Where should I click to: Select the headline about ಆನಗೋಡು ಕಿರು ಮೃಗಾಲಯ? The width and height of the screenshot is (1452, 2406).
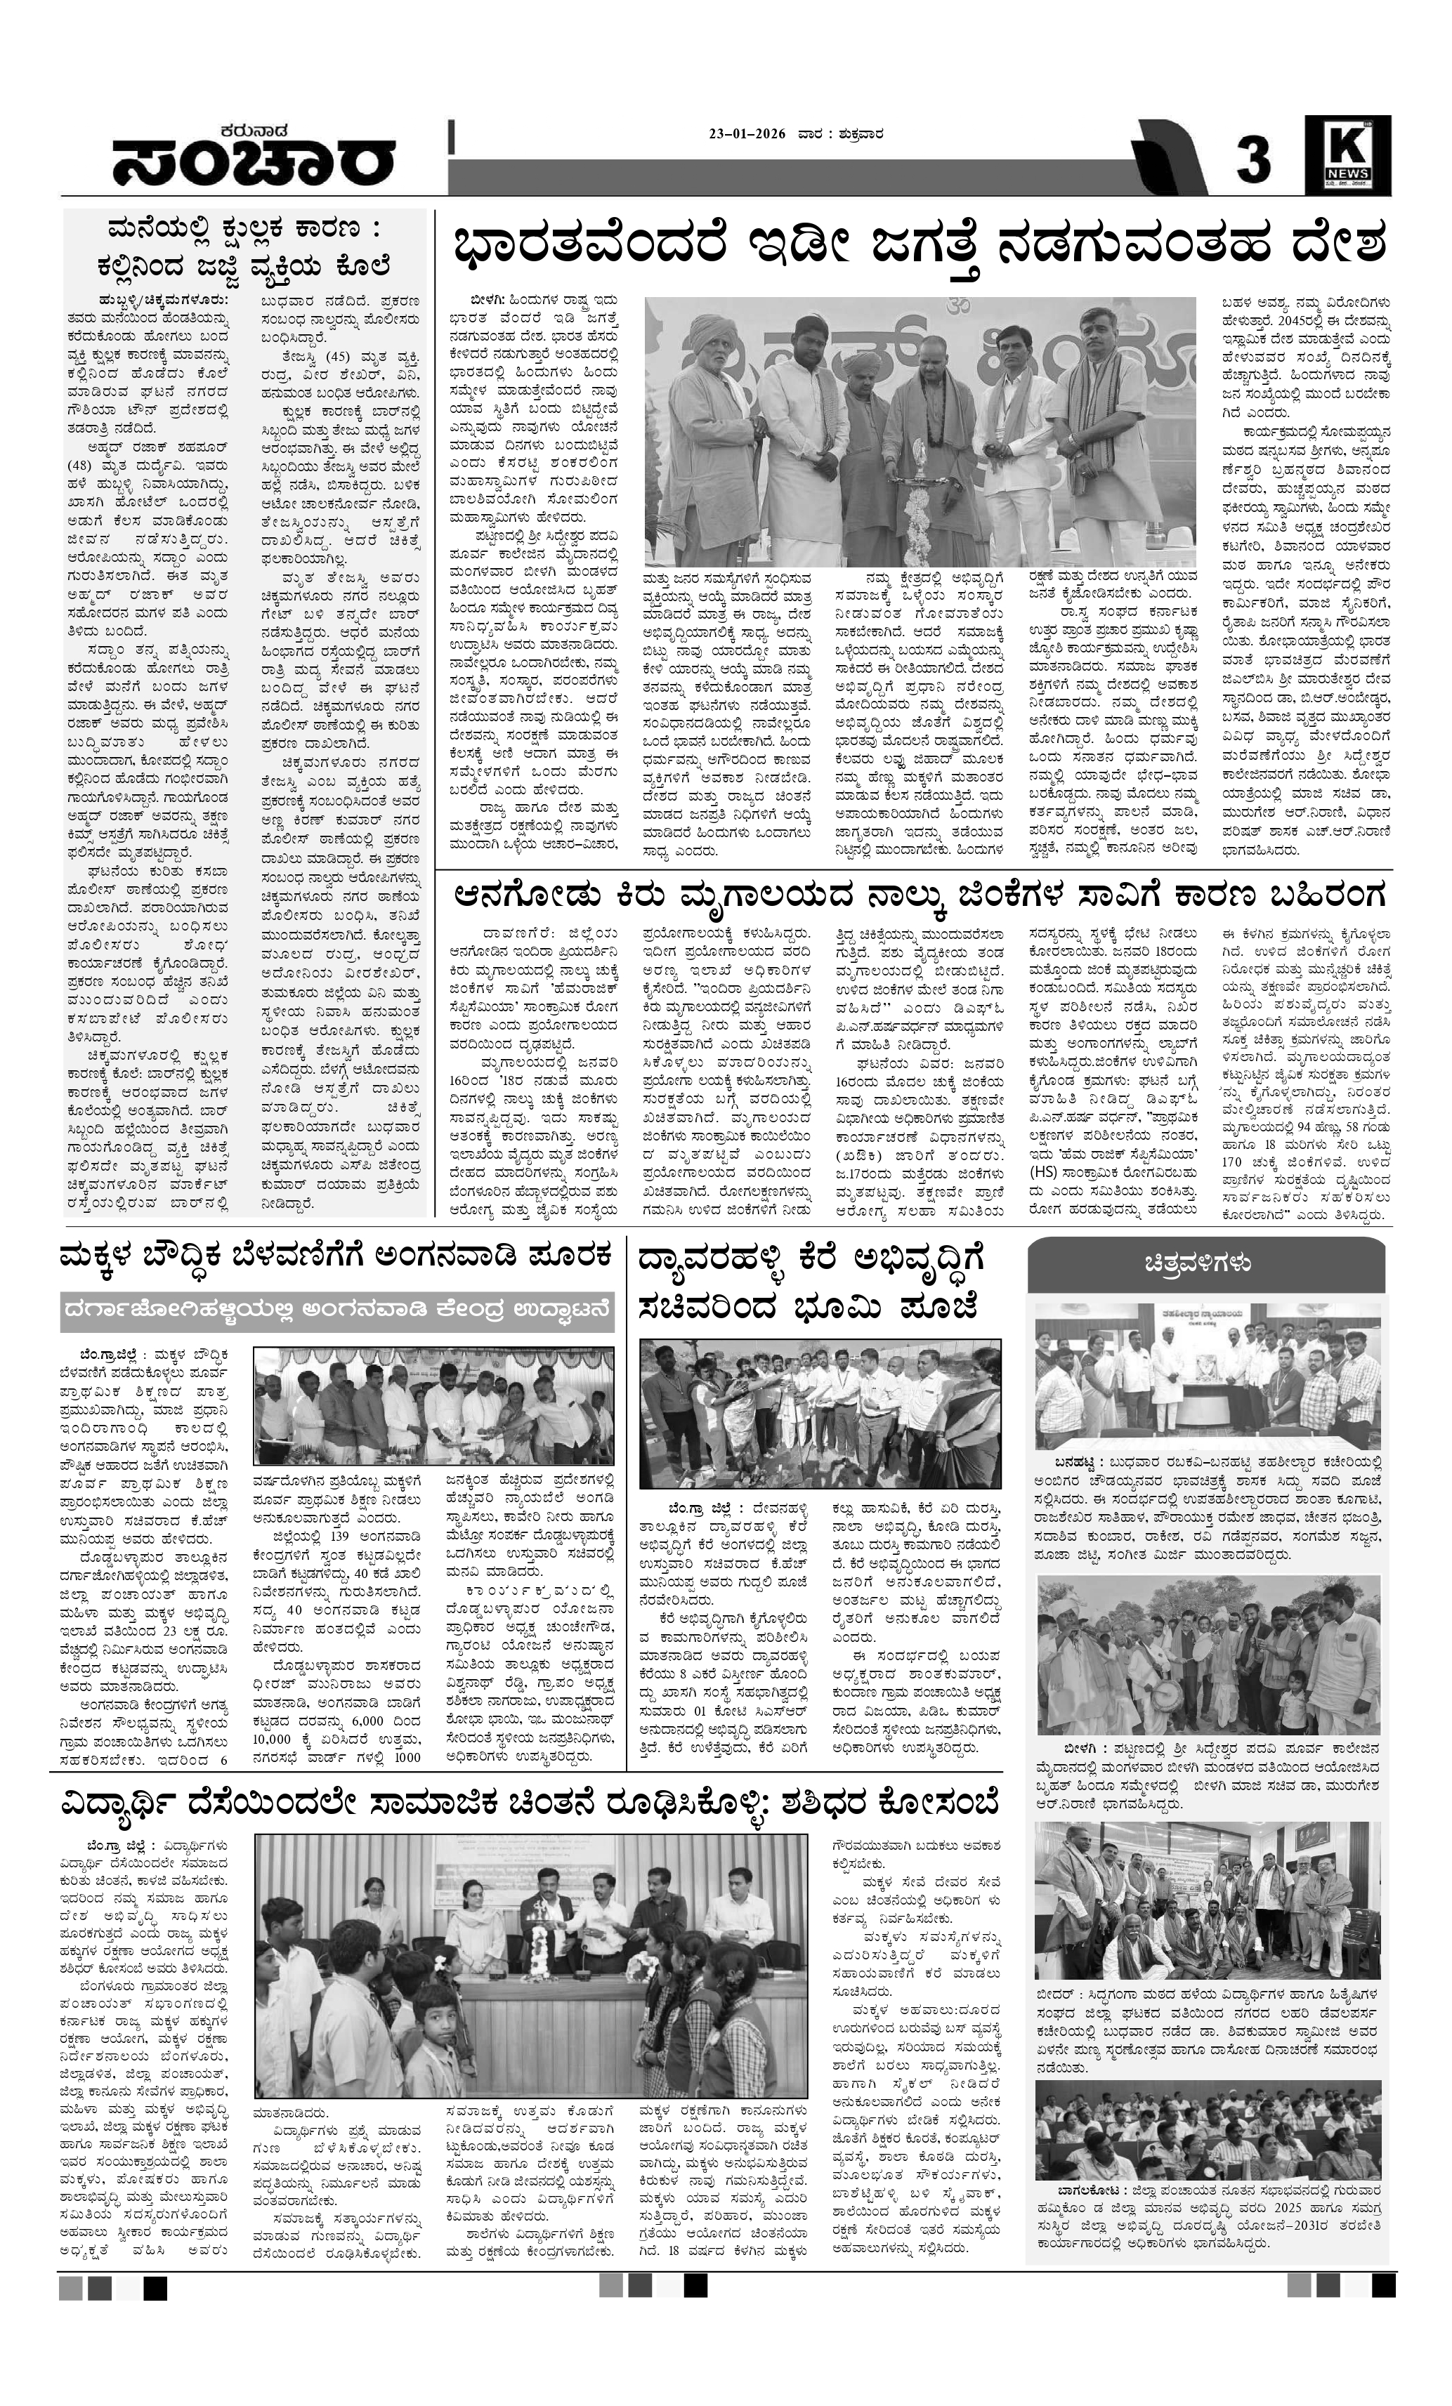click(918, 895)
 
